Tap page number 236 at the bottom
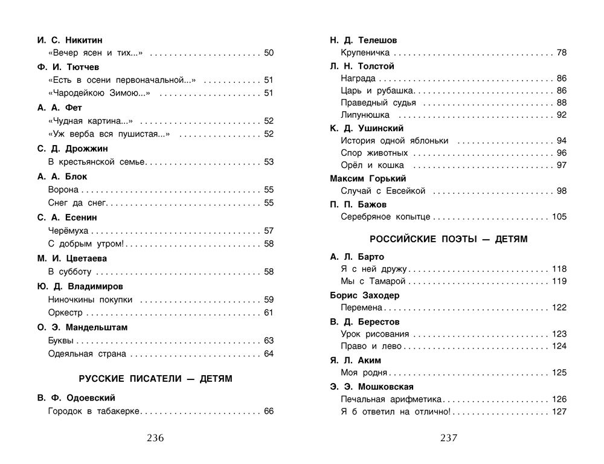pos(155,438)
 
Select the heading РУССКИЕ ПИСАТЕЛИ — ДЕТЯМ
pos(156,379)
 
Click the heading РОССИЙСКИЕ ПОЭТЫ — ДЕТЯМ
pos(448,239)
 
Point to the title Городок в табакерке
pos(94,411)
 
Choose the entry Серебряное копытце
pos(385,216)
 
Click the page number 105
pos(559,216)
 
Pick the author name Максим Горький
pos(368,178)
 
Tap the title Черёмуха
pos(68,231)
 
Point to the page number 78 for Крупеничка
pos(561,53)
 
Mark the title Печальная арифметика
pos(391,399)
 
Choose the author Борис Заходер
pos(365,295)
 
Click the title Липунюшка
pos(365,115)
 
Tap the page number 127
pos(559,411)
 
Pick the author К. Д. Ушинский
pos(367,128)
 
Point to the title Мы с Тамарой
pos(373,282)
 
